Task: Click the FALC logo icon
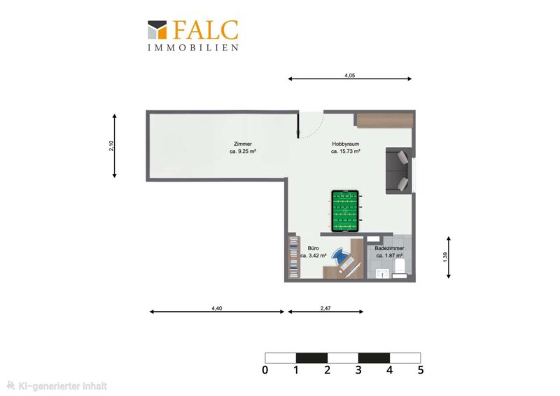(157, 29)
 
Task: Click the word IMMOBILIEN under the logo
(193, 48)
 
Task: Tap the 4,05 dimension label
(349, 76)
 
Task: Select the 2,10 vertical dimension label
(111, 146)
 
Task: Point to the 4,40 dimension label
(217, 308)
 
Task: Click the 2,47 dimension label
(325, 308)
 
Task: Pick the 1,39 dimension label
(445, 257)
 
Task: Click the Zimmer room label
(243, 144)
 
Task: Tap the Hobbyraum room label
(345, 144)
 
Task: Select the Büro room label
(313, 248)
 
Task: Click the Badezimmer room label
(389, 248)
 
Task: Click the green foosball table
(345, 211)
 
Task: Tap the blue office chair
(339, 255)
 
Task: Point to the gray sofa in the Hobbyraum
(398, 170)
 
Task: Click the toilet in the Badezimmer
(400, 268)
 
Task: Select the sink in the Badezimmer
(382, 273)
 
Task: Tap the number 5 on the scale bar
(421, 370)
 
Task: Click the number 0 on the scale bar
(265, 370)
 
